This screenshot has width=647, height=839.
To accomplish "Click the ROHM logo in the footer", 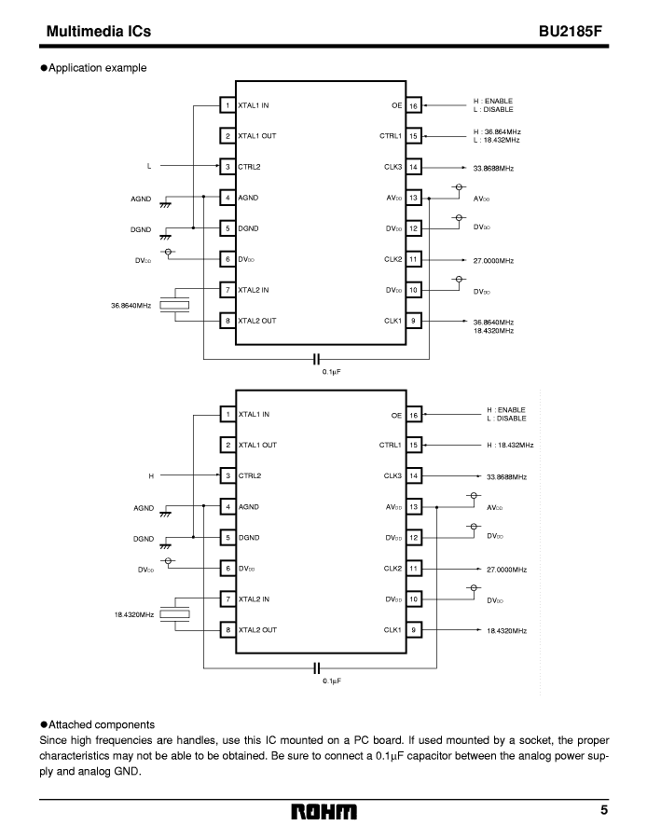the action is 323,812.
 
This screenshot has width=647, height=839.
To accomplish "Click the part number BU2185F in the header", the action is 571,31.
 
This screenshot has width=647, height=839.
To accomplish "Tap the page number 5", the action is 604,810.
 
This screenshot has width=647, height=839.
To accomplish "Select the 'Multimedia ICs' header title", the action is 99,31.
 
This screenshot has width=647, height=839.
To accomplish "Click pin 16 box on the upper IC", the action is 413,105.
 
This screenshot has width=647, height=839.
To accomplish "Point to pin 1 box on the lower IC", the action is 228,414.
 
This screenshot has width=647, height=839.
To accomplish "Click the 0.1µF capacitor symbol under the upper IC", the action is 316,359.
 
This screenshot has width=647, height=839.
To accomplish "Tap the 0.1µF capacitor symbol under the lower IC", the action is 316,667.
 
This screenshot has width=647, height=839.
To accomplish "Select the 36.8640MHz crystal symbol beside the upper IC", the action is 175,305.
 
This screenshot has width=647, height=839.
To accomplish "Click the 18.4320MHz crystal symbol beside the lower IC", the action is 175,613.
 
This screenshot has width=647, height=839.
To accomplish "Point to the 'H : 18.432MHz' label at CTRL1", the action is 510,446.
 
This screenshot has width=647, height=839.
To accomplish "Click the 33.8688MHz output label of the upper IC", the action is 493,168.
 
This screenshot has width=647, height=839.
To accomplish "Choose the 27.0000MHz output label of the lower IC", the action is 507,570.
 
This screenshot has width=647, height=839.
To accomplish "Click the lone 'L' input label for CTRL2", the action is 149,166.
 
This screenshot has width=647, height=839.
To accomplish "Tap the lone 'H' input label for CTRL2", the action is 151,475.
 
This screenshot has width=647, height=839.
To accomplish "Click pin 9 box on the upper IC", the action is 413,321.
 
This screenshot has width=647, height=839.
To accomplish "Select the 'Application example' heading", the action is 93,68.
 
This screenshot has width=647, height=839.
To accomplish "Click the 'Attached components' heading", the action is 98,725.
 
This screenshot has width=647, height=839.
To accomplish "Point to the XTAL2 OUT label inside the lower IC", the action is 258,630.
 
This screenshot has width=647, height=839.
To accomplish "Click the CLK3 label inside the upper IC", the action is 392,167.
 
